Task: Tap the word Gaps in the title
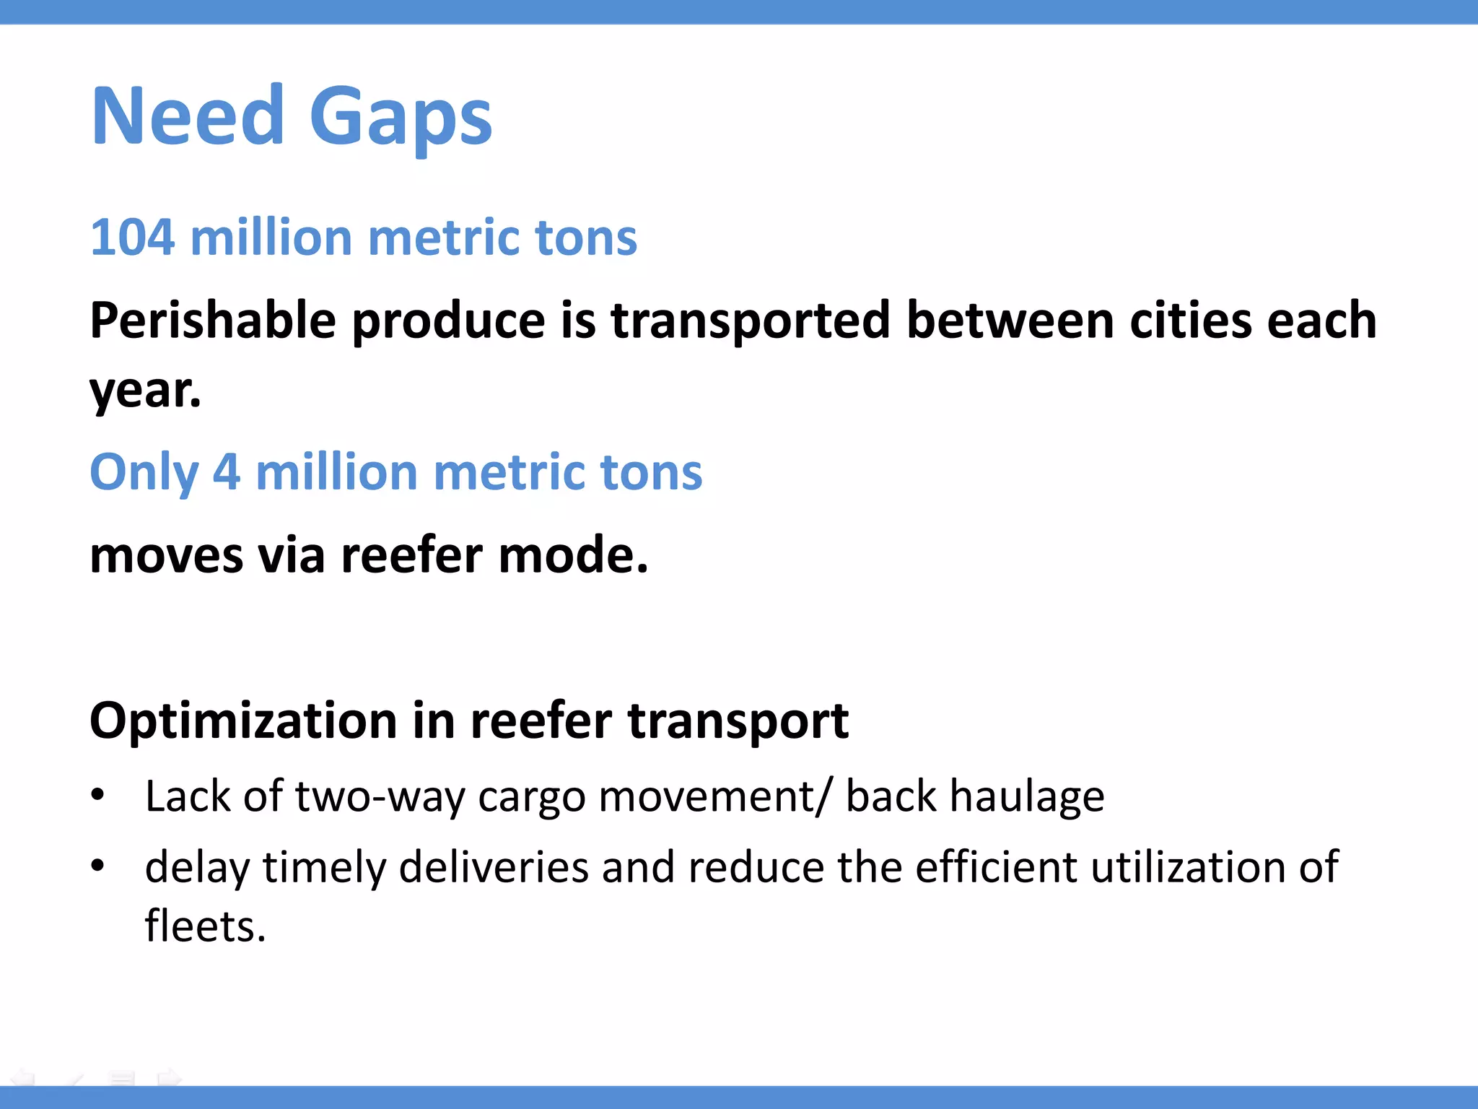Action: pos(401,119)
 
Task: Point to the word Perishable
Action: pos(213,321)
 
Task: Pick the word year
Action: pos(144,391)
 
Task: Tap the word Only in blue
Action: pos(144,473)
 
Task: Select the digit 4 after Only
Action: pos(226,472)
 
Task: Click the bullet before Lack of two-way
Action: pos(98,795)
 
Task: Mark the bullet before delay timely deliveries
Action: pos(98,864)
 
